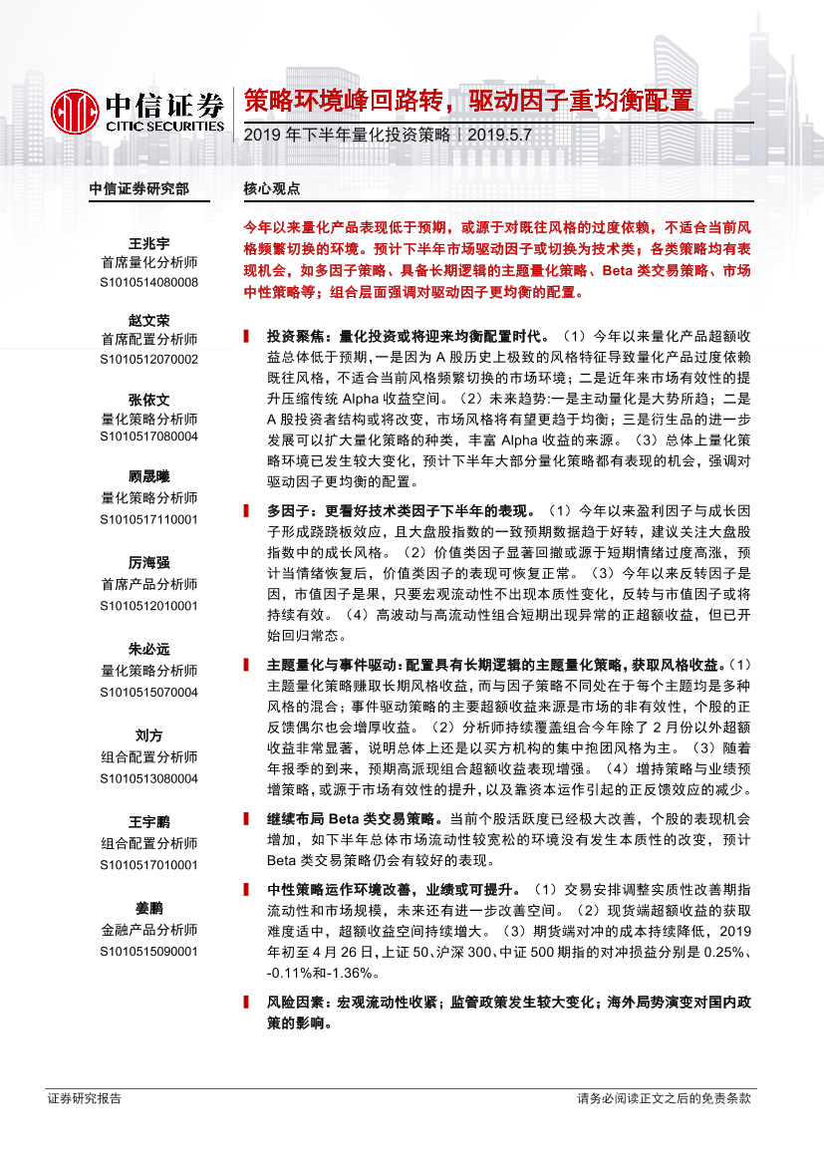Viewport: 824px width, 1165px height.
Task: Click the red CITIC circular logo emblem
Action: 76,109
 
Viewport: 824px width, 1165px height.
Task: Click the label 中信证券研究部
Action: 138,188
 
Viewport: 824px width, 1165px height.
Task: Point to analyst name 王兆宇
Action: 149,244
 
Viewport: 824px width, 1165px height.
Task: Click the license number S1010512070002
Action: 149,359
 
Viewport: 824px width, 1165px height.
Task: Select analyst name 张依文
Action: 149,399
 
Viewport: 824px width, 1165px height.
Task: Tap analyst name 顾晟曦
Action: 149,477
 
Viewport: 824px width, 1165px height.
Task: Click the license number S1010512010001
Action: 149,605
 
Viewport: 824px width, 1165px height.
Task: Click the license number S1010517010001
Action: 149,865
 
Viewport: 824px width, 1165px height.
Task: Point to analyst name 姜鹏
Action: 149,909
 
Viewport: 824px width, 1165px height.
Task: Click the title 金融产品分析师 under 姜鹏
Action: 149,930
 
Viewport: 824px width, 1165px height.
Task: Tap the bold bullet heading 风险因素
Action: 293,1003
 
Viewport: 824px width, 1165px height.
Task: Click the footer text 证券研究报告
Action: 85,1099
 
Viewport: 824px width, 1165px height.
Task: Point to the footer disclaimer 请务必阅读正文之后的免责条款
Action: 664,1099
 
